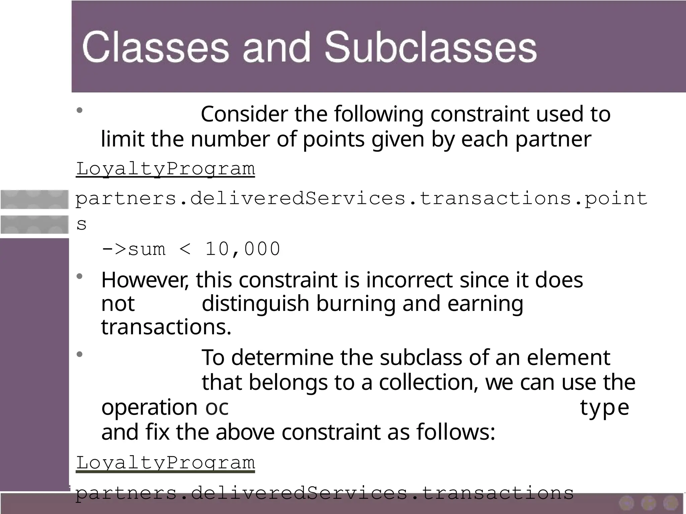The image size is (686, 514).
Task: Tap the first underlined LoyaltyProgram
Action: [x=165, y=169]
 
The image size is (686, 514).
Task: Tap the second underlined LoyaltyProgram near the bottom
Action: [x=165, y=463]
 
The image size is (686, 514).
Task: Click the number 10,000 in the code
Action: [x=243, y=249]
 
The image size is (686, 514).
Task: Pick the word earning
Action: [x=485, y=304]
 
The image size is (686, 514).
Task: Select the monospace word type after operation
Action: [x=604, y=408]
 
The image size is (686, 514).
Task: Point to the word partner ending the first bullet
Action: [x=553, y=139]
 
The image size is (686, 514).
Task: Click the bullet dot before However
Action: [x=79, y=276]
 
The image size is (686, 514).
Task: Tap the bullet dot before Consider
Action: [x=79, y=110]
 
